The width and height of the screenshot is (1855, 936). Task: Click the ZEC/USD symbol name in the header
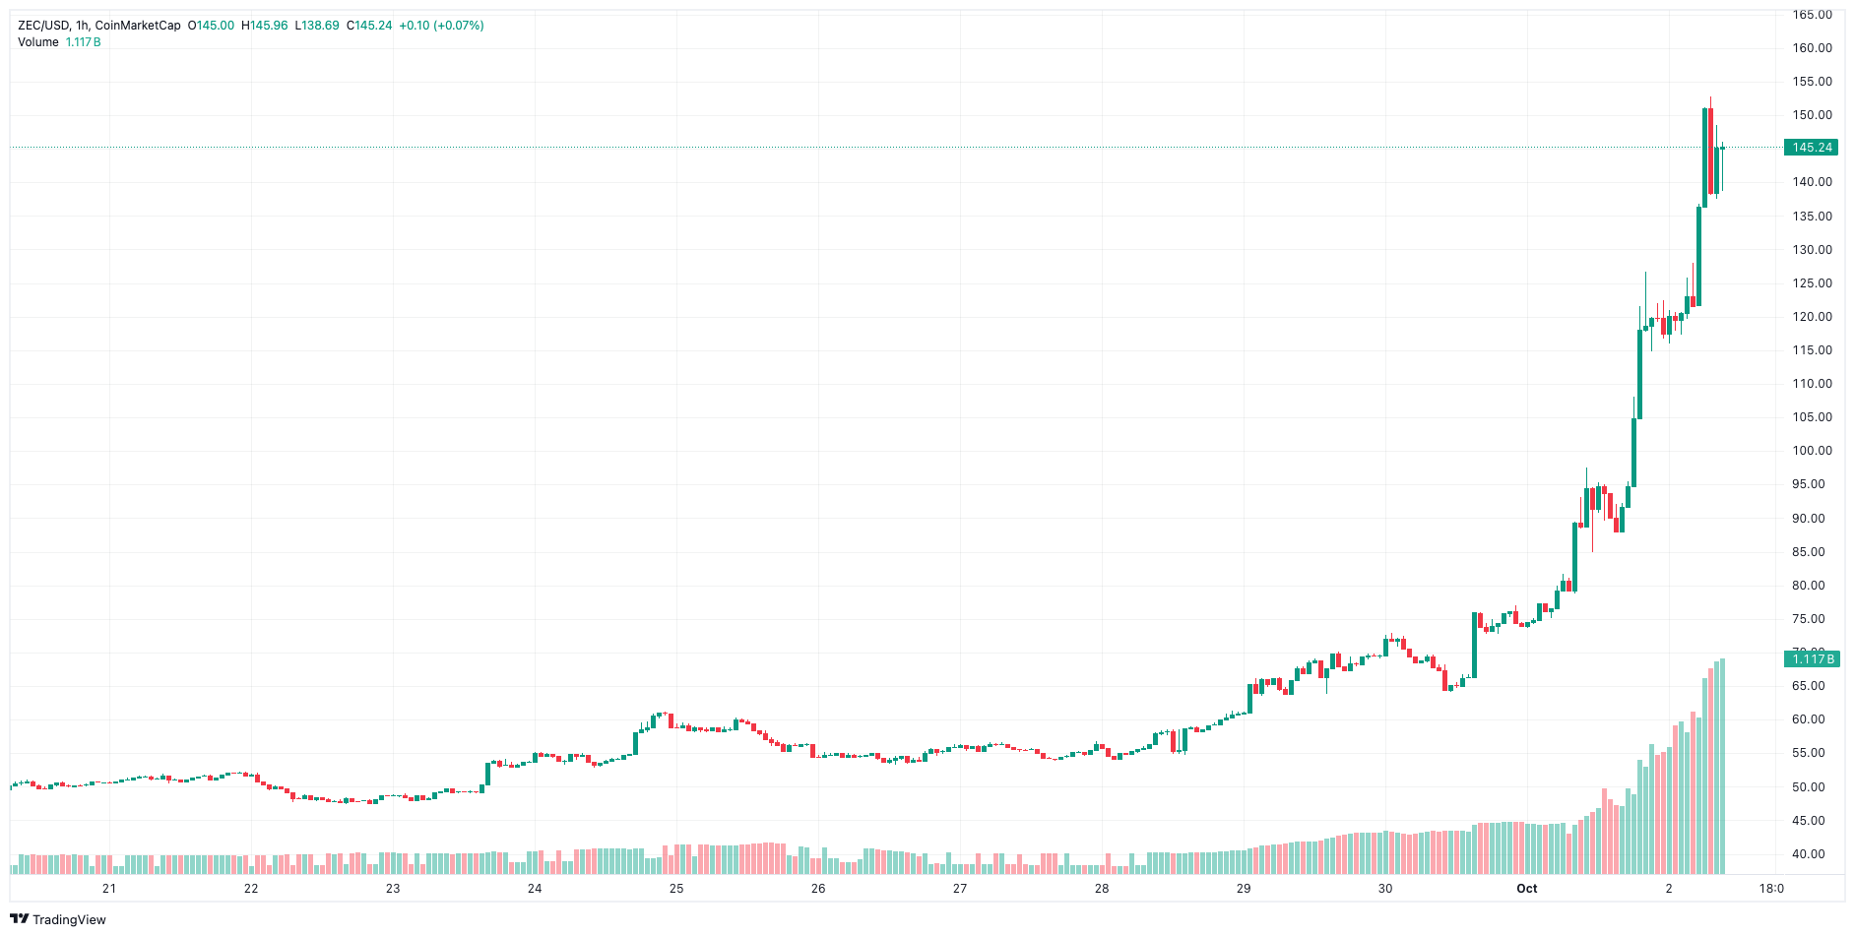pos(42,26)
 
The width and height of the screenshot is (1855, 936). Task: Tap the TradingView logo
pos(58,919)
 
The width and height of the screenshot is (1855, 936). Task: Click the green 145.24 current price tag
pos(1812,148)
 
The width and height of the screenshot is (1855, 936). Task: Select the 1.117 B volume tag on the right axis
pos(1812,658)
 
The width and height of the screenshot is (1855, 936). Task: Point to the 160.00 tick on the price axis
pos(1812,48)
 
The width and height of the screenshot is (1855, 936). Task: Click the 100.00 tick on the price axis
pos(1812,451)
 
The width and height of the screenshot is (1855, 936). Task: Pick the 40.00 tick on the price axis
pos(1812,854)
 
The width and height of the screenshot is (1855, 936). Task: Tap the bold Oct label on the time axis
pos(1526,889)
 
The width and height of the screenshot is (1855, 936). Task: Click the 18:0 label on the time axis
pos(1770,889)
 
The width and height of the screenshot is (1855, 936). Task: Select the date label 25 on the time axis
pos(676,889)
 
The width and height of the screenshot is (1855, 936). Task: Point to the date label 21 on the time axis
pos(109,889)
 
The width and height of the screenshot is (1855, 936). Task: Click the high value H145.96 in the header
pos(265,26)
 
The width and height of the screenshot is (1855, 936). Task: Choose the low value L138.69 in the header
pos(317,26)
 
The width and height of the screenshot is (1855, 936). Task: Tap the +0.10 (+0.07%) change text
pos(441,26)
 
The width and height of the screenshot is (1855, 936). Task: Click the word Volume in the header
pos(38,42)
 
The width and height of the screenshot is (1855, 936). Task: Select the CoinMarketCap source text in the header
pos(138,26)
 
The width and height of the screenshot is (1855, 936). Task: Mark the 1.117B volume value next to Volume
pos(83,42)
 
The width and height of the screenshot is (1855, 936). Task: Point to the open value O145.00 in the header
pos(211,26)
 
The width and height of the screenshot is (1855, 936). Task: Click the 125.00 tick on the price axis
pos(1812,283)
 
